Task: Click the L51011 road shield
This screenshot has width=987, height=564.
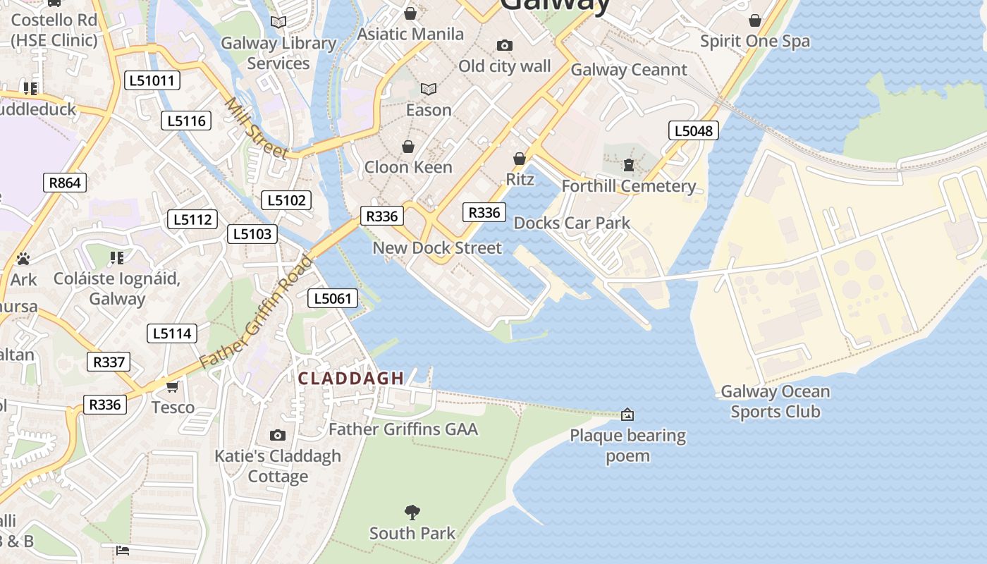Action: pyautogui.click(x=152, y=80)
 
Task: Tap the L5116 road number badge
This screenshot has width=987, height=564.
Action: pyautogui.click(x=187, y=121)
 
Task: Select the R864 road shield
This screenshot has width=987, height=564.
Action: pyautogui.click(x=64, y=183)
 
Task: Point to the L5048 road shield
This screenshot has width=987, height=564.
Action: pyautogui.click(x=694, y=130)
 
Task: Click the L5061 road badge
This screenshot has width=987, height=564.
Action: pyautogui.click(x=333, y=298)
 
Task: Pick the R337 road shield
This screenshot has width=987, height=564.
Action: pyautogui.click(x=109, y=362)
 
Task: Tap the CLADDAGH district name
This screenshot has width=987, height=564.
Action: pyautogui.click(x=351, y=379)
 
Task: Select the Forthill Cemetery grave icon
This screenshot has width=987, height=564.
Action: pyautogui.click(x=628, y=165)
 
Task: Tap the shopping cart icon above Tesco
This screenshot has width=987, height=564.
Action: pyautogui.click(x=173, y=386)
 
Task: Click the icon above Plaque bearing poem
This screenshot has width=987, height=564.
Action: pyautogui.click(x=627, y=415)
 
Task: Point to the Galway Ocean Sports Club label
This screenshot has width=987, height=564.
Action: pyautogui.click(x=775, y=401)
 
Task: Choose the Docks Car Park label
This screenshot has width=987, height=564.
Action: pyautogui.click(x=572, y=223)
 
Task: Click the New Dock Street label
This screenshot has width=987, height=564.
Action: pyautogui.click(x=437, y=247)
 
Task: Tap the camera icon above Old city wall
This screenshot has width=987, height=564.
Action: pyautogui.click(x=504, y=46)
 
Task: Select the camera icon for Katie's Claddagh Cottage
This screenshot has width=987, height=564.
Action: pyautogui.click(x=278, y=435)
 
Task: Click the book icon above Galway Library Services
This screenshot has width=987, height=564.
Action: pyautogui.click(x=278, y=23)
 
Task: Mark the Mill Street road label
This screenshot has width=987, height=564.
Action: pyautogui.click(x=255, y=128)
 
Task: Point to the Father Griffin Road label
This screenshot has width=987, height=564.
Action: pyautogui.click(x=256, y=312)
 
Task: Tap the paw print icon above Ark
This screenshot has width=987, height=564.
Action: pyautogui.click(x=23, y=259)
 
